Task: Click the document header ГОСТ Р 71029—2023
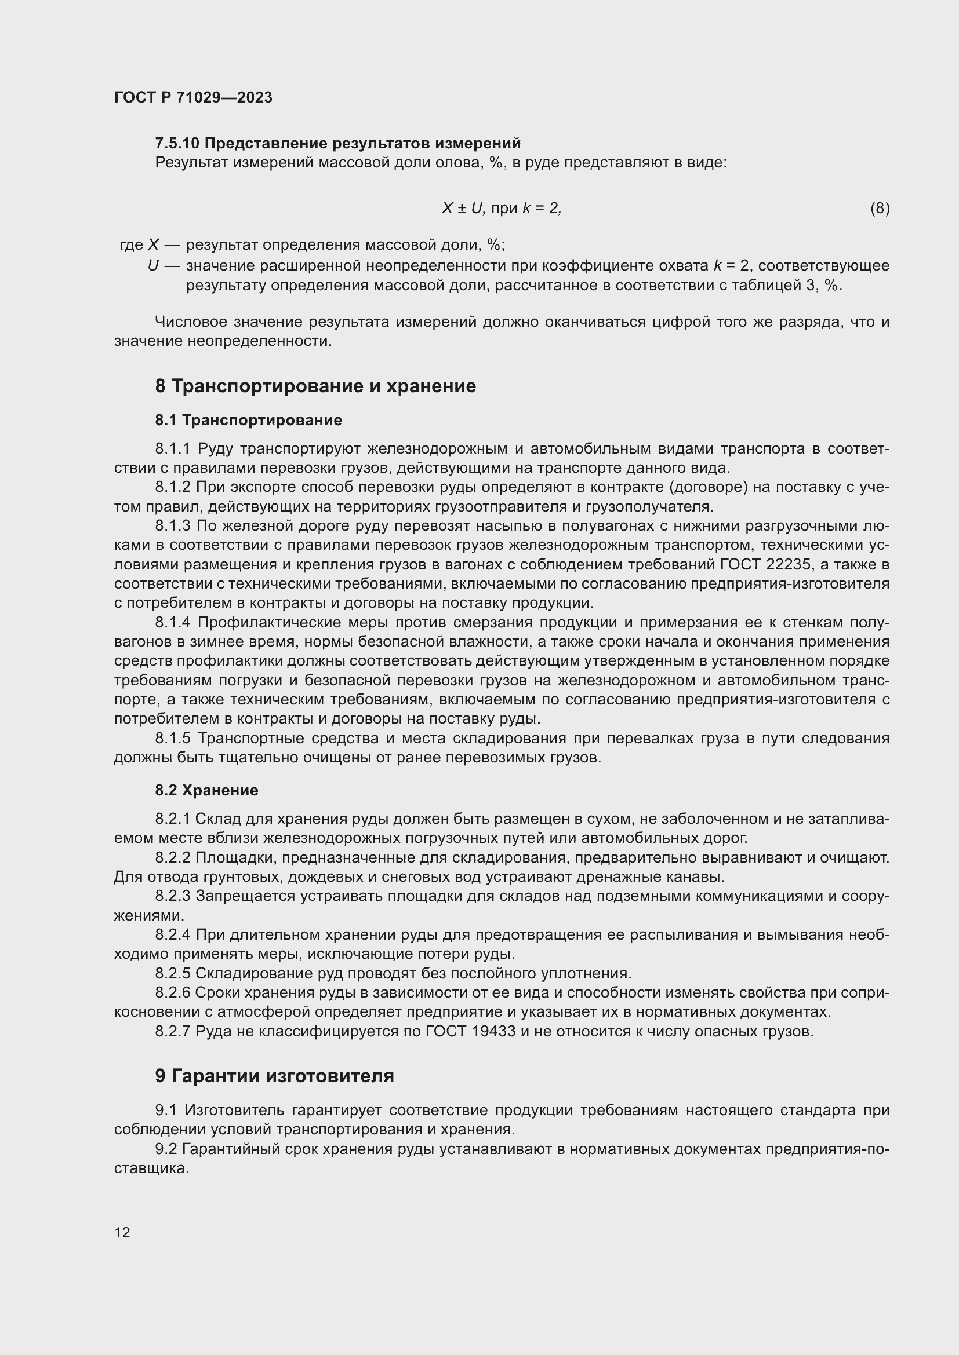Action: [x=193, y=97]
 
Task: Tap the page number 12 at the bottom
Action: [x=122, y=1232]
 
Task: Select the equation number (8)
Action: [x=880, y=209]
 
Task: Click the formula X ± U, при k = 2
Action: [x=502, y=209]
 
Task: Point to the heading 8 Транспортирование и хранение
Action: [x=315, y=386]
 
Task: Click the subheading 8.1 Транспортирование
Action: [x=249, y=420]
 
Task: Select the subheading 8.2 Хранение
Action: [x=206, y=790]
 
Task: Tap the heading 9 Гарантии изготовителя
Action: [x=275, y=1076]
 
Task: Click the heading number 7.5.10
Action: [x=177, y=144]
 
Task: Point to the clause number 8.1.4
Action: [x=172, y=623]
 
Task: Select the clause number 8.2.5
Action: [x=172, y=973]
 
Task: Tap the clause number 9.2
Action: [x=166, y=1149]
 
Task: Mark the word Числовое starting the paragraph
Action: [x=190, y=322]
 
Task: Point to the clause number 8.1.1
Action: [x=172, y=449]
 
